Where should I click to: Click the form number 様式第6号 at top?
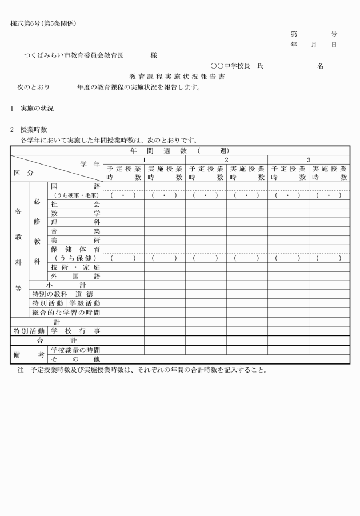click(43, 23)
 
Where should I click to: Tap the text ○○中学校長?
click(231, 66)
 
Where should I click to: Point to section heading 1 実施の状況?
click(32, 108)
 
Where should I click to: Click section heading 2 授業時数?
click(32, 130)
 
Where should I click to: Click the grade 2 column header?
click(226, 159)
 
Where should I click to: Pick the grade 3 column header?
click(309, 159)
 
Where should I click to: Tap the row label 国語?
click(75, 186)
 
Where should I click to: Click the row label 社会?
click(75, 204)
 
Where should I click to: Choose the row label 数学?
click(75, 213)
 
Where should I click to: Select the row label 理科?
click(75, 222)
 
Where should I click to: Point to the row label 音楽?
click(75, 231)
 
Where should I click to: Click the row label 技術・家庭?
click(75, 267)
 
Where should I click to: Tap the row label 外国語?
click(75, 276)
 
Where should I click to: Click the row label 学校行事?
click(75, 331)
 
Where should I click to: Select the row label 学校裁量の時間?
click(75, 350)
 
